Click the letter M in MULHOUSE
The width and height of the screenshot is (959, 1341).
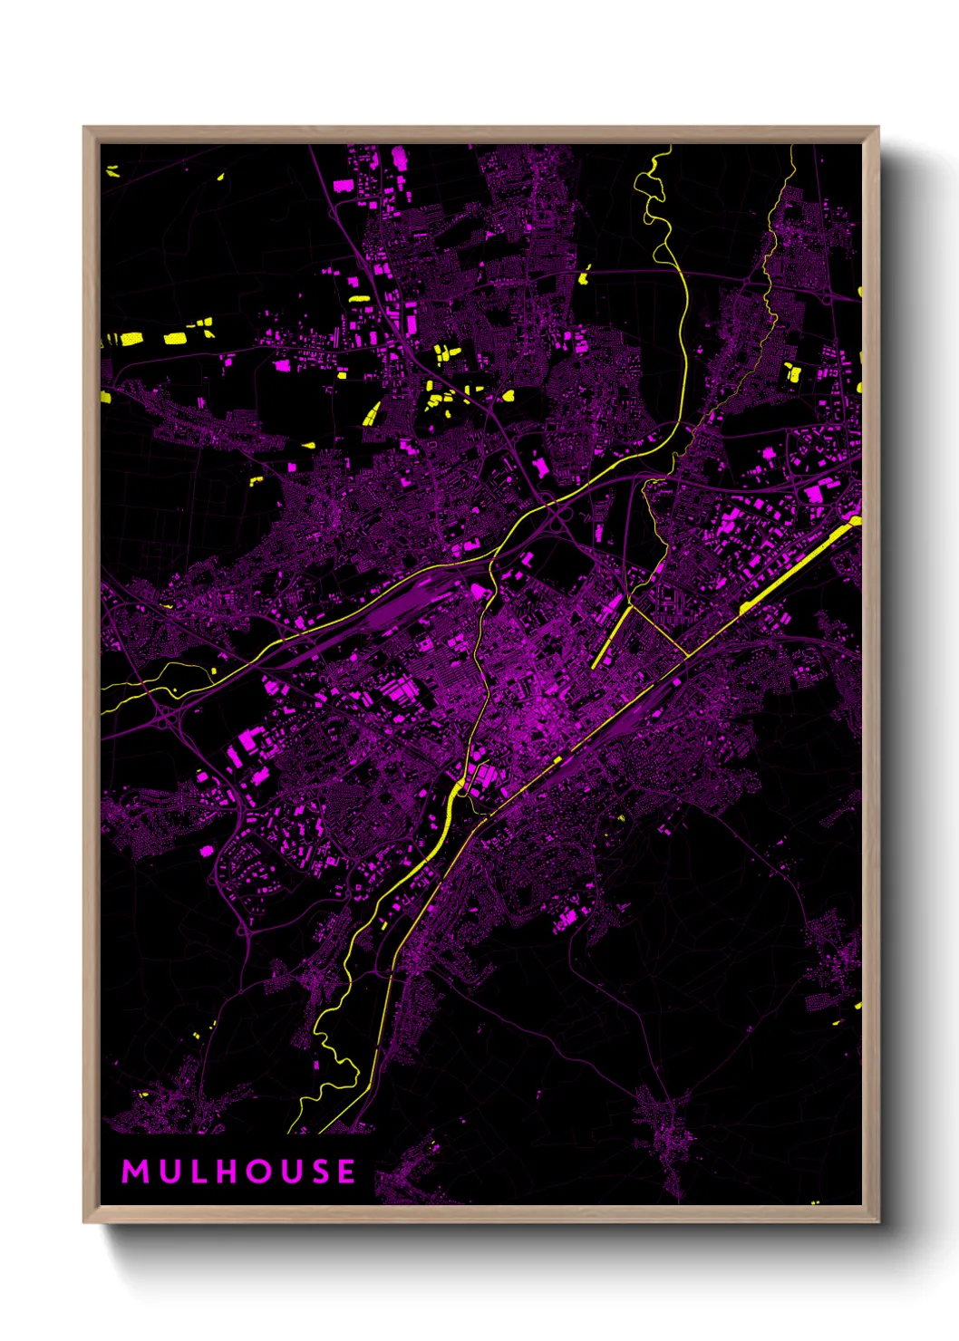point(134,1172)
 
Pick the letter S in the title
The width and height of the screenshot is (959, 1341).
point(319,1172)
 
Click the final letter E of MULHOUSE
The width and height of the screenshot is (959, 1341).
point(347,1172)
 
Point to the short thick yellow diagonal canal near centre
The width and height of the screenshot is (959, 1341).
point(611,638)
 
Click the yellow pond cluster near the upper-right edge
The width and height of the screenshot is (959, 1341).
point(792,371)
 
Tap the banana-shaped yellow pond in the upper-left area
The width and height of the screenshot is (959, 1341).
point(372,414)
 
